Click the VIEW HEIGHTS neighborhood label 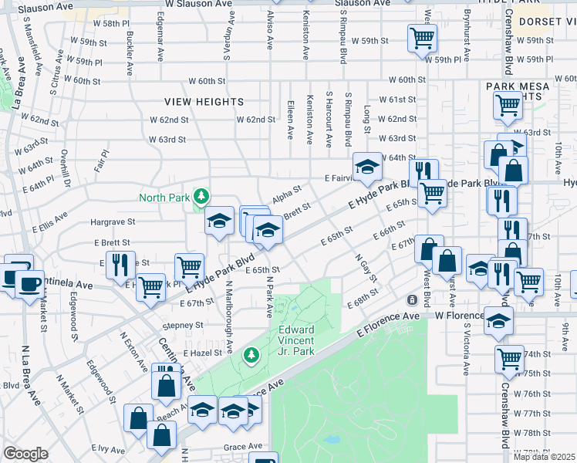(x=204, y=102)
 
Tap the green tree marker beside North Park (x=201, y=197)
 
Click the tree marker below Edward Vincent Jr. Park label (x=250, y=354)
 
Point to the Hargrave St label (x=112, y=221)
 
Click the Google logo (x=25, y=453)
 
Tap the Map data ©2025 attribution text (x=545, y=457)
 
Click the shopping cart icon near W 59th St (x=422, y=38)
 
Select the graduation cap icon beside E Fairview (x=368, y=165)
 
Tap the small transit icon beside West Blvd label (x=413, y=299)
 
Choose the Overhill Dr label (x=66, y=169)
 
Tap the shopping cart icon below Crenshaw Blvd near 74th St (x=510, y=359)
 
